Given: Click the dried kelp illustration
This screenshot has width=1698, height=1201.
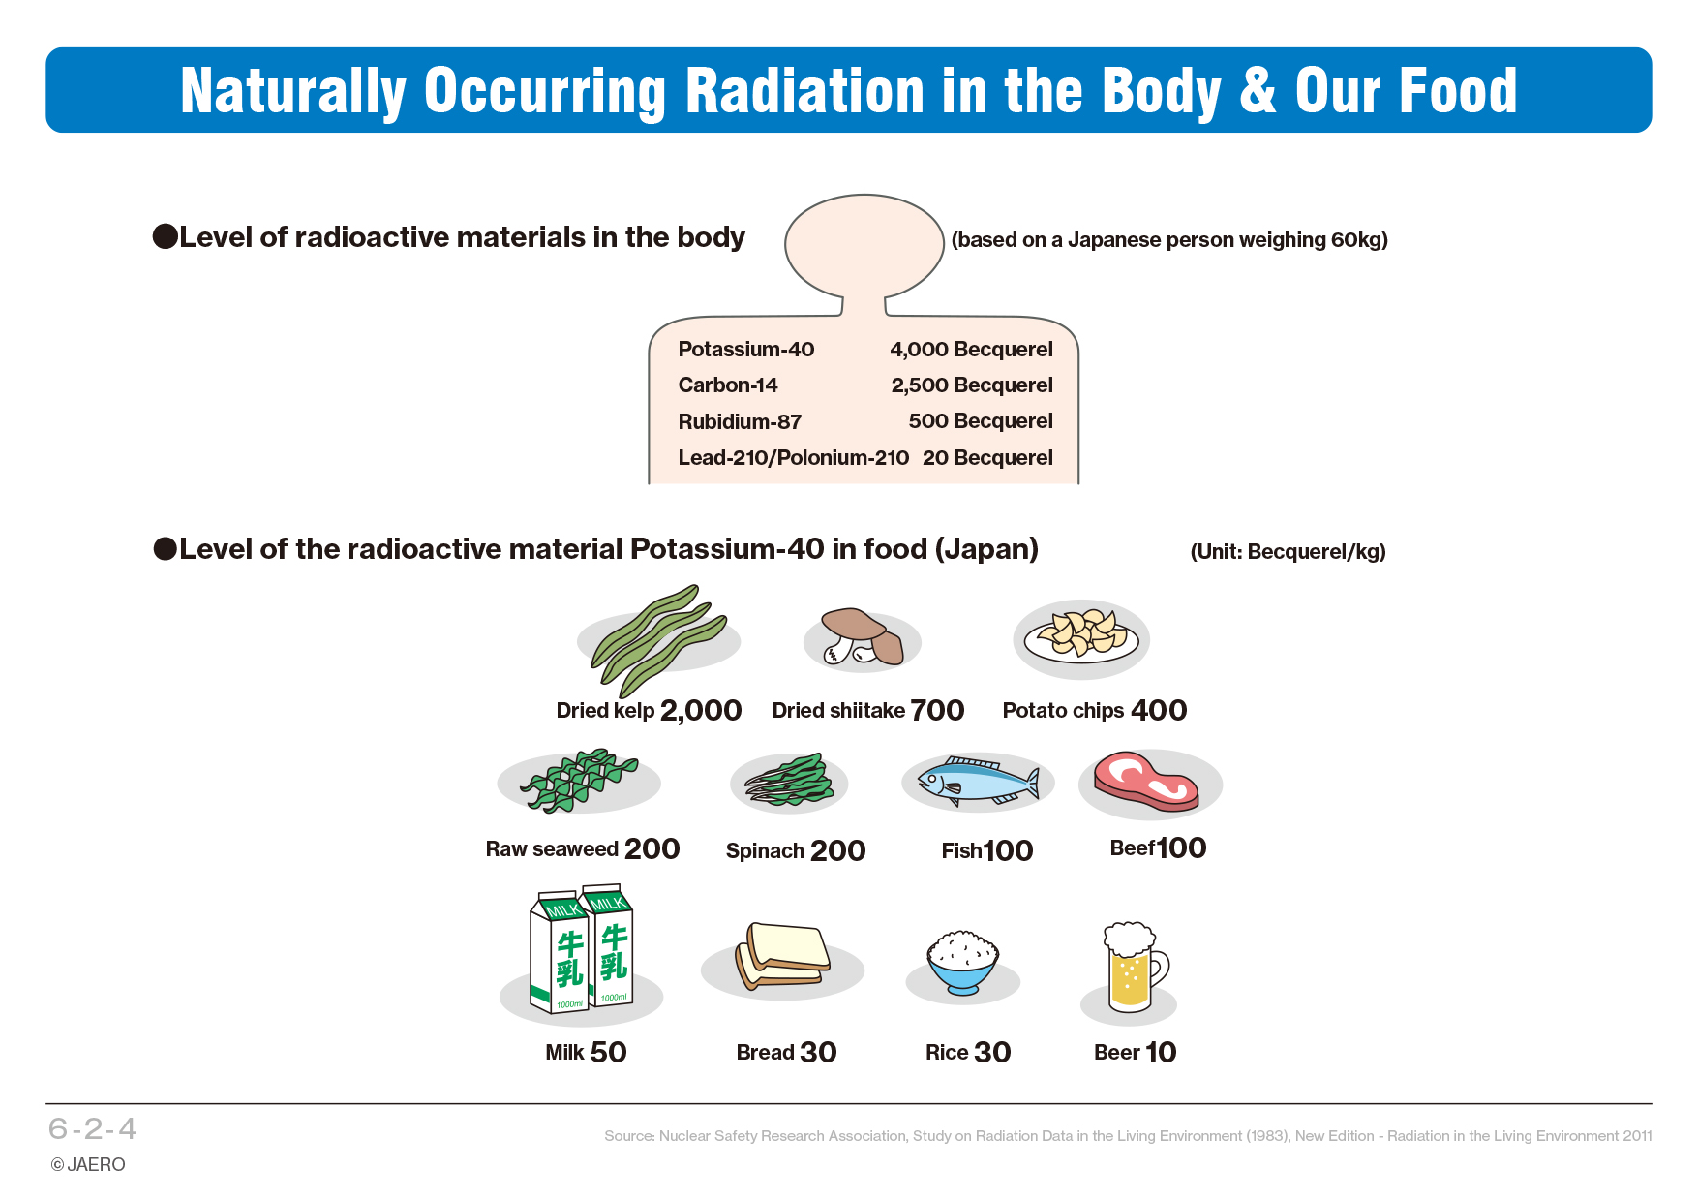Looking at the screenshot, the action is [658, 640].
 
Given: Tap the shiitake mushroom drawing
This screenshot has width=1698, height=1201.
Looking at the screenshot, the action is [862, 637].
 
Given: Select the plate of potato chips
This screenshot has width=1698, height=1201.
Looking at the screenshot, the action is [1081, 639].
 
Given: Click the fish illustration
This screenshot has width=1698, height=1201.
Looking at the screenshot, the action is [978, 782].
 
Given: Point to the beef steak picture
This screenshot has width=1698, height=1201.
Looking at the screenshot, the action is [1146, 780].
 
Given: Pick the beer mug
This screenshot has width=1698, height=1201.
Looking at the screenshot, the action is [1135, 967].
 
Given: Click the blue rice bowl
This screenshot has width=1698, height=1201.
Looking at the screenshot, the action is [962, 964].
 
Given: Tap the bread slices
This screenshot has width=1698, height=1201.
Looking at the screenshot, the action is [783, 957].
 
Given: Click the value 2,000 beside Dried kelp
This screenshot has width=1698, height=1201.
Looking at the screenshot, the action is [701, 711].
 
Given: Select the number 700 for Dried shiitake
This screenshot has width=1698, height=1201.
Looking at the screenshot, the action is [937, 711].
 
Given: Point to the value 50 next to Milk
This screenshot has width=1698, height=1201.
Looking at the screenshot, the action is [608, 1052].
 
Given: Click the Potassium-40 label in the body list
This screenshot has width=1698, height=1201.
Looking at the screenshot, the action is [746, 349].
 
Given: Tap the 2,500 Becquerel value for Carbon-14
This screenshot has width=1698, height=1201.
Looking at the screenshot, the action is [972, 385].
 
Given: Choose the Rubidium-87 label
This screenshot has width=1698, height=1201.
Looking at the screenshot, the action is [740, 421].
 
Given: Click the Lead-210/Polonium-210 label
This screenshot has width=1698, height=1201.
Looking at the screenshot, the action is [794, 457].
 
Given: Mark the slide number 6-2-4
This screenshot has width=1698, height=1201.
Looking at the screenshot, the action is [93, 1128].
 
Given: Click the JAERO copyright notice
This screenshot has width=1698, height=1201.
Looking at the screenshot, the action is [88, 1164].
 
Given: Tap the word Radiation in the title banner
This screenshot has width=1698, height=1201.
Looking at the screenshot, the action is [804, 91].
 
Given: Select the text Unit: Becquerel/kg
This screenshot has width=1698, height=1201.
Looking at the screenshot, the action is [1288, 552].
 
